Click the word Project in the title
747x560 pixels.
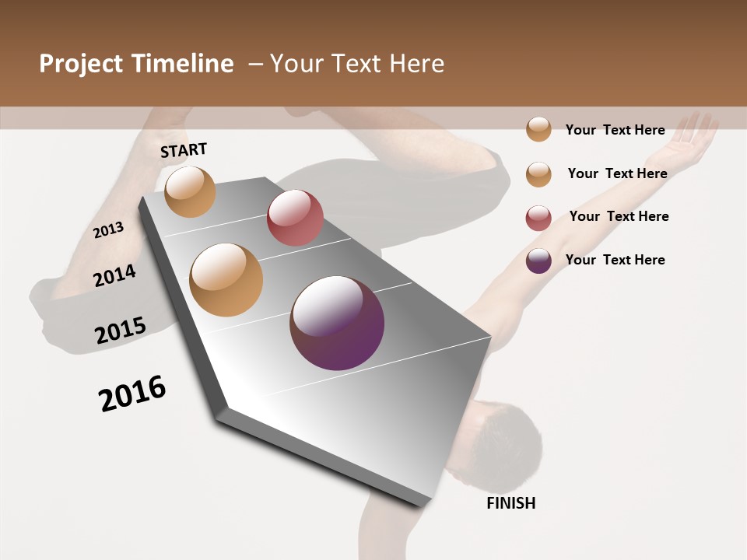(81, 65)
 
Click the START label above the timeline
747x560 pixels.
(184, 150)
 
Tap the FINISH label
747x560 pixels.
(510, 503)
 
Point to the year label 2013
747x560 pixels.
(109, 230)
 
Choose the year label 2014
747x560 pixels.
(115, 275)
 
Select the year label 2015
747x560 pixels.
(121, 331)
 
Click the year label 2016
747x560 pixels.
(132, 394)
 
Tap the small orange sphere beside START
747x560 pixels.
(191, 191)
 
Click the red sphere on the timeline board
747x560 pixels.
(295, 218)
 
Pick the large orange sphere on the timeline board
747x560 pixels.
(226, 280)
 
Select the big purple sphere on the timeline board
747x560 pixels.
(337, 323)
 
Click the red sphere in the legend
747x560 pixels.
(538, 218)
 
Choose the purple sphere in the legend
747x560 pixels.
(538, 261)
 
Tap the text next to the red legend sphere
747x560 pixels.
(619, 216)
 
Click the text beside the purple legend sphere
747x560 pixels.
(615, 260)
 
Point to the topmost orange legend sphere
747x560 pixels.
(538, 129)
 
